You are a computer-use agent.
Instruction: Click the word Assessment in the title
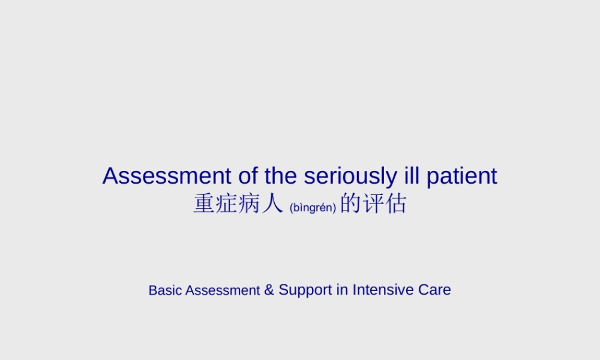coord(167,176)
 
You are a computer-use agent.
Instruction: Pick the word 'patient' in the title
coord(462,176)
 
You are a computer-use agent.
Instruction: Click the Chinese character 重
coord(204,204)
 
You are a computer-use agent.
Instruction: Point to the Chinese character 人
coord(271,204)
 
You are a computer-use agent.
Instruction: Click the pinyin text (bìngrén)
coord(313,208)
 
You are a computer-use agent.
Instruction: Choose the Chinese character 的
coord(351,204)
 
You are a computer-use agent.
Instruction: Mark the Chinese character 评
coord(373,204)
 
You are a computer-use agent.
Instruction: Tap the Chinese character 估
coord(396,204)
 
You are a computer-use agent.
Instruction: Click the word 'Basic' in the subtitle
coord(166,290)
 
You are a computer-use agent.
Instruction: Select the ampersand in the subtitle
coord(269,290)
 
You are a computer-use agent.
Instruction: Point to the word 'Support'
coord(305,290)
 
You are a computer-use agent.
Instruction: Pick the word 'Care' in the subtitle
coord(434,290)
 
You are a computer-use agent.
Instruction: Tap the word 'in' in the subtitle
coord(342,290)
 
